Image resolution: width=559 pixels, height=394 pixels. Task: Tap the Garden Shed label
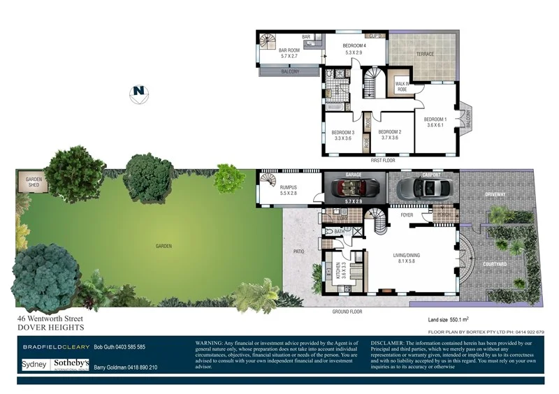35,182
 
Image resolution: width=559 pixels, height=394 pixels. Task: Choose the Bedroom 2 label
389,134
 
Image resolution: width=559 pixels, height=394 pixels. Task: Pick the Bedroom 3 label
342,135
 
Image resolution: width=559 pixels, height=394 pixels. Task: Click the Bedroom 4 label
355,49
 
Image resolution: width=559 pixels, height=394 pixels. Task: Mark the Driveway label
496,195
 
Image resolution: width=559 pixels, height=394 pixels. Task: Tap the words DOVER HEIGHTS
50,327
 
